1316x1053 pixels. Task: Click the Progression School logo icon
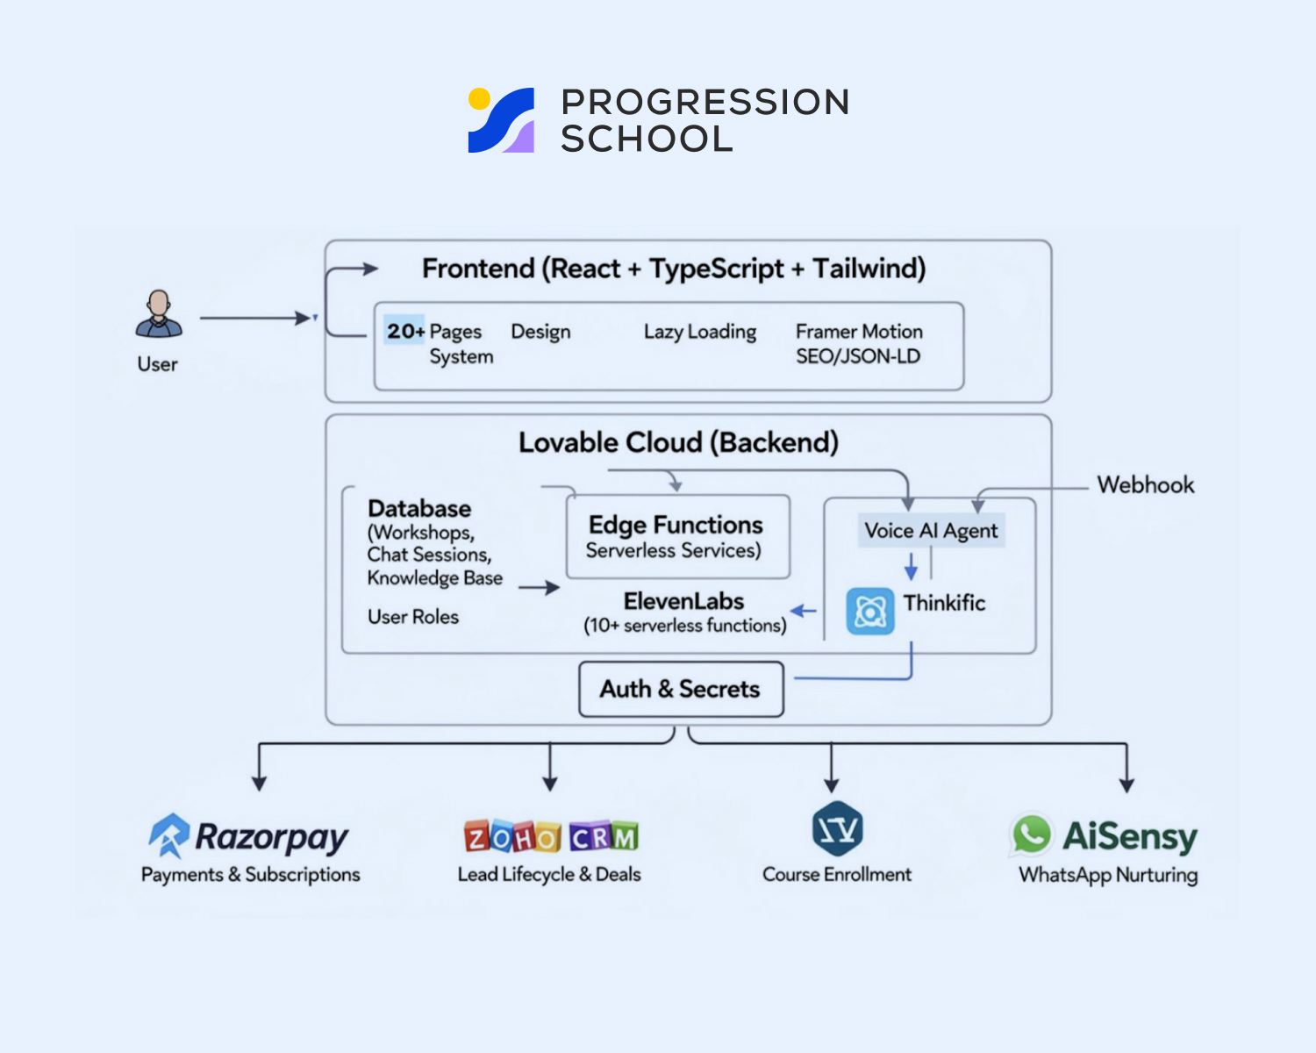coord(501,120)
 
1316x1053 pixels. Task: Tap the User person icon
coord(159,314)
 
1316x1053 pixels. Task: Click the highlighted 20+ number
coord(404,331)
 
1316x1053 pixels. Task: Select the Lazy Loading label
coord(699,332)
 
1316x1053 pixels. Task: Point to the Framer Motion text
coord(859,332)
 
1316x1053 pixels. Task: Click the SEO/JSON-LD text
coord(857,356)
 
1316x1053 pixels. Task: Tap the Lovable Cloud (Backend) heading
coord(678,442)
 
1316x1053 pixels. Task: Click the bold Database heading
coord(419,509)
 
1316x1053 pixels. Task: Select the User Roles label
coord(412,617)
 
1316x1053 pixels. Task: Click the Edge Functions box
coord(677,536)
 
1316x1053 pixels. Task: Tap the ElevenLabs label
coord(683,601)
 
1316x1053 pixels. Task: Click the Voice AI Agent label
coord(931,531)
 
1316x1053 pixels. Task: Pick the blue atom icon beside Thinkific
coord(869,611)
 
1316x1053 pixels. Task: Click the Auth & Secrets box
coord(680,689)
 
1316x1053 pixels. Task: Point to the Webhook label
coord(1145,485)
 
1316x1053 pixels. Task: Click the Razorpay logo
coord(249,836)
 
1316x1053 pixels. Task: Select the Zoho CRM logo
coord(551,837)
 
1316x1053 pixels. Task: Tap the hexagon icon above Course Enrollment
coord(837,827)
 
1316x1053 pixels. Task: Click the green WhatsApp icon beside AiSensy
coord(1032,834)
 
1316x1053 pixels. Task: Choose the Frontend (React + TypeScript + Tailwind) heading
coord(674,269)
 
